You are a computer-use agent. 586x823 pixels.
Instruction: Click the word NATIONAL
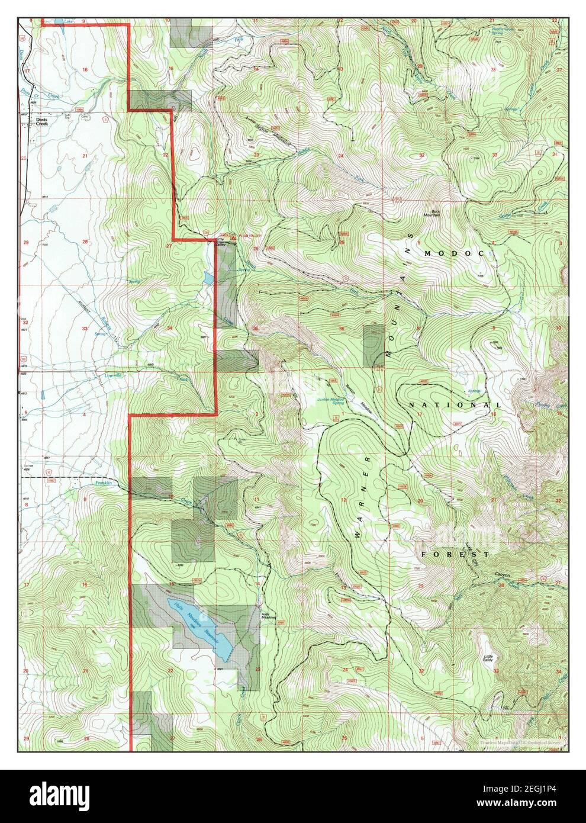click(x=455, y=405)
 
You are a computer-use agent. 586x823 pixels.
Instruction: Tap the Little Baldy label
click(x=488, y=658)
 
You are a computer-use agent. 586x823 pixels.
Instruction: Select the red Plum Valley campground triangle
click(x=234, y=237)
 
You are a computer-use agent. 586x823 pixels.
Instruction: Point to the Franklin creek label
click(x=104, y=484)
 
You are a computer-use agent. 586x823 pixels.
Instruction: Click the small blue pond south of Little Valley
click(x=207, y=277)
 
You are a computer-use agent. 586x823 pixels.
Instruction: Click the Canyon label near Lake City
click(x=501, y=574)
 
